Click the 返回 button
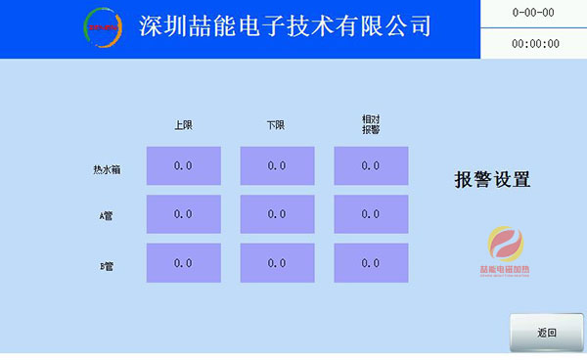(546, 333)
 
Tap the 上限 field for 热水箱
(183, 165)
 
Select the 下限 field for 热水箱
(277, 165)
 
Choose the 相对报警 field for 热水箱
(370, 165)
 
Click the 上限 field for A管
(183, 214)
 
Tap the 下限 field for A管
(277, 214)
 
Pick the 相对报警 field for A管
(370, 214)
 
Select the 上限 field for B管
(183, 263)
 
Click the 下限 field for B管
(277, 263)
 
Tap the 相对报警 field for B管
(370, 263)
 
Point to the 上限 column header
(183, 125)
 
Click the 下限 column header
(277, 125)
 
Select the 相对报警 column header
(371, 124)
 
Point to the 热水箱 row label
(107, 169)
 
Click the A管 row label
(106, 216)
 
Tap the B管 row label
(106, 265)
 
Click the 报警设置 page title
(492, 180)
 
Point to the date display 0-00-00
(534, 13)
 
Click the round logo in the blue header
(103, 27)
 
